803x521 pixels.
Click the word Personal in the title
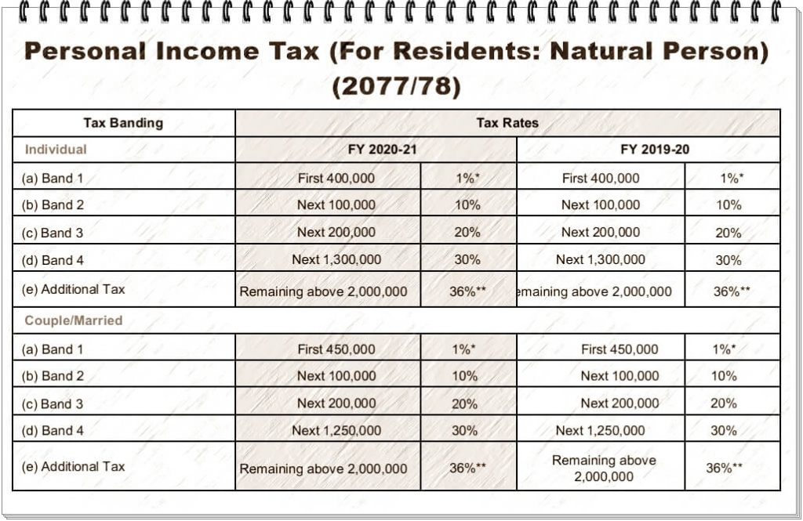(x=85, y=52)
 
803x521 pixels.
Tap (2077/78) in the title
(x=395, y=85)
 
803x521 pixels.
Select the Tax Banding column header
(x=123, y=123)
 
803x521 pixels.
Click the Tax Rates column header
(x=507, y=123)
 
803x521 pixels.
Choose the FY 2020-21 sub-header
(x=382, y=150)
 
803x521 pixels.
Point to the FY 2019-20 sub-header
(x=655, y=150)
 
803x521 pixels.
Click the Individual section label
(x=56, y=149)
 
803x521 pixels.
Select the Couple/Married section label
(x=74, y=320)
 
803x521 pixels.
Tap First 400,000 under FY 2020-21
(x=336, y=178)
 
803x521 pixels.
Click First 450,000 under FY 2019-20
(x=620, y=349)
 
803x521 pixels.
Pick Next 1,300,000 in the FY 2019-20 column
(x=601, y=259)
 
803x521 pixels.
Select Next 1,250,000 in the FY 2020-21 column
(x=336, y=430)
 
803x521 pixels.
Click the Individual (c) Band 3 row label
(x=53, y=233)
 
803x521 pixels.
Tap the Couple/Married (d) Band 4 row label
(x=53, y=430)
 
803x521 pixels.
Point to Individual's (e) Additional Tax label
(x=74, y=289)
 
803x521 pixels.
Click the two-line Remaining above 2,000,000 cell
(x=604, y=468)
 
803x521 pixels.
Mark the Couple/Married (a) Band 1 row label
(x=53, y=349)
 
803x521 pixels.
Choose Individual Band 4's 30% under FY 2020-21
(x=465, y=260)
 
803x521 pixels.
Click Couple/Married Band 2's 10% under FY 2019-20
(x=724, y=376)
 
